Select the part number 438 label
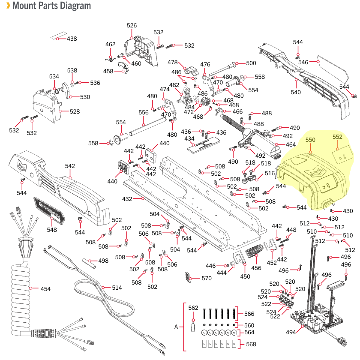point(72,39)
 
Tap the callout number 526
point(132,25)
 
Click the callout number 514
point(117,288)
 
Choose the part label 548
point(52,230)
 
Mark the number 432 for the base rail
point(127,199)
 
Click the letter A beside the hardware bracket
point(176,327)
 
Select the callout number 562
point(193,308)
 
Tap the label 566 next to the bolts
point(249,314)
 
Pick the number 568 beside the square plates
point(251,345)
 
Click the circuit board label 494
point(291,332)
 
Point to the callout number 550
point(310,140)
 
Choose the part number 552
point(338,137)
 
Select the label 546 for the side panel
point(303,62)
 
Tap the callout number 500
point(251,63)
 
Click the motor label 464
point(291,145)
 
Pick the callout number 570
point(207,279)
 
